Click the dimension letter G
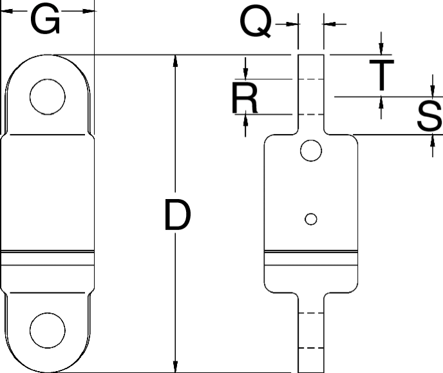47,21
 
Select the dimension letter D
177,216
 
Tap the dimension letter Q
255,23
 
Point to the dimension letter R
245,99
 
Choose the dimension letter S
429,117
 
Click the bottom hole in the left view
48,329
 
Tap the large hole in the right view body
311,151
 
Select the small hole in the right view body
311,219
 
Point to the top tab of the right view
311,90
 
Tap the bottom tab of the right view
311,332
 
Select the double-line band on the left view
48,258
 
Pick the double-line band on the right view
311,258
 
